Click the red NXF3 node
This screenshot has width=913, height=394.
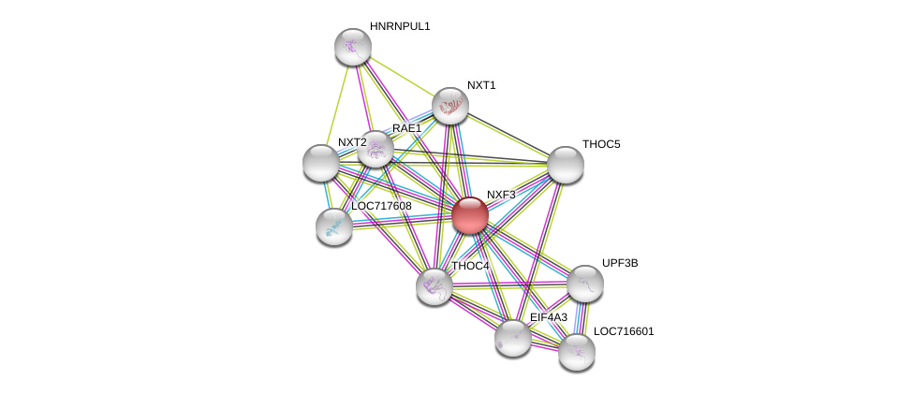pyautogui.click(x=470, y=215)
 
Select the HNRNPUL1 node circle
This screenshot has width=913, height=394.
pyautogui.click(x=353, y=47)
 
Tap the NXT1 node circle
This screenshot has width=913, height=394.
pyautogui.click(x=450, y=106)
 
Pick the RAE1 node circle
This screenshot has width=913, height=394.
pyautogui.click(x=376, y=149)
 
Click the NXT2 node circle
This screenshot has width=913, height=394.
pyautogui.click(x=321, y=163)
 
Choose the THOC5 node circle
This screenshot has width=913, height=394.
pyautogui.click(x=566, y=165)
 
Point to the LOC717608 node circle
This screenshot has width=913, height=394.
pyautogui.click(x=334, y=226)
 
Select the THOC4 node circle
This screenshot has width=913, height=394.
pyautogui.click(x=434, y=286)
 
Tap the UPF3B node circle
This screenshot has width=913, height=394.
pyautogui.click(x=585, y=284)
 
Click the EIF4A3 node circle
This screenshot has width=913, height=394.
pyautogui.click(x=513, y=338)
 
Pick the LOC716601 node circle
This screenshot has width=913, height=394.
pyautogui.click(x=577, y=352)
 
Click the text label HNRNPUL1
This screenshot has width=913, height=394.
pyautogui.click(x=400, y=26)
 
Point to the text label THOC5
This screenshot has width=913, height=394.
pyautogui.click(x=601, y=144)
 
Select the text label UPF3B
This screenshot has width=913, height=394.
pyautogui.click(x=620, y=263)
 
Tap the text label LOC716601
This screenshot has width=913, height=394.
pyautogui.click(x=624, y=331)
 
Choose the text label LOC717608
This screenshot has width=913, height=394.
pyautogui.click(x=381, y=206)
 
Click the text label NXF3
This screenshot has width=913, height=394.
pyautogui.click(x=501, y=195)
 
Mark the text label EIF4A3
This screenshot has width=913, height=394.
pyautogui.click(x=549, y=317)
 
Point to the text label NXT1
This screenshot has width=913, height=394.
pyautogui.click(x=481, y=85)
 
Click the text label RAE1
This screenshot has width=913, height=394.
pyautogui.click(x=406, y=128)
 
